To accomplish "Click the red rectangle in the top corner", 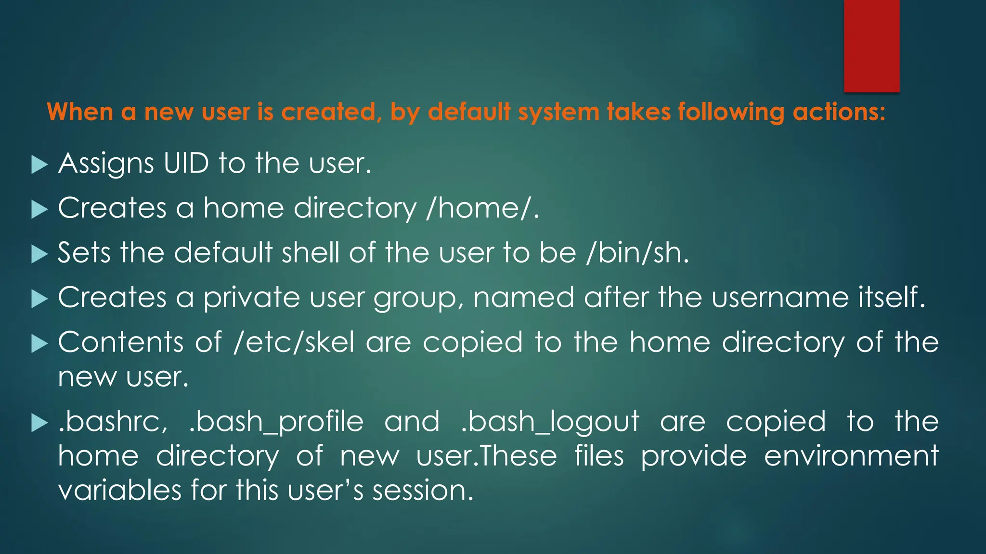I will point(871,46).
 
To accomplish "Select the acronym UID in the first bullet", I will point(186,164).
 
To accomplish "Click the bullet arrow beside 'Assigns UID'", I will point(39,164).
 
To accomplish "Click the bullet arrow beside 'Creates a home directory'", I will point(39,209).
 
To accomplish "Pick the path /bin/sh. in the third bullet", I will point(638,253).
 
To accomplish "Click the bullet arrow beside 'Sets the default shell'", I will point(39,254).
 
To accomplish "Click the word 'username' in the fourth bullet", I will point(780,298).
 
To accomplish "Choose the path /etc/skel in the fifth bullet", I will point(294,342).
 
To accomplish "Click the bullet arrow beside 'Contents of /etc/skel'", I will point(39,343).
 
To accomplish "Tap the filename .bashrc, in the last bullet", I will point(113,422).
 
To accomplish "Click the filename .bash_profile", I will point(276,422).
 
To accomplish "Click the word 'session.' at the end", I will point(423,491).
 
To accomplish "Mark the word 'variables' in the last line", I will point(119,491).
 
